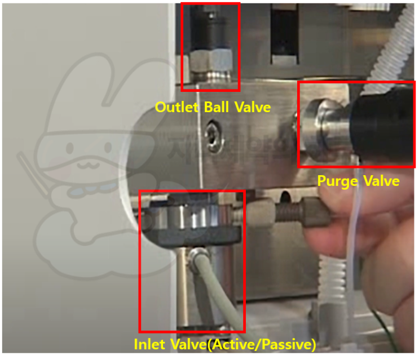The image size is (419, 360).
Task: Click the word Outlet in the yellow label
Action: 174,107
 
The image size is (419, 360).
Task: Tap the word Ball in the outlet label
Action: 217,107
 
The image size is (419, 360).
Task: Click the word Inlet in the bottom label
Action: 150,344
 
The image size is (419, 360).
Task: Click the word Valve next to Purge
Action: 382,181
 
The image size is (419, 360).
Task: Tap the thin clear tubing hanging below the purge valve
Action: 354,254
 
